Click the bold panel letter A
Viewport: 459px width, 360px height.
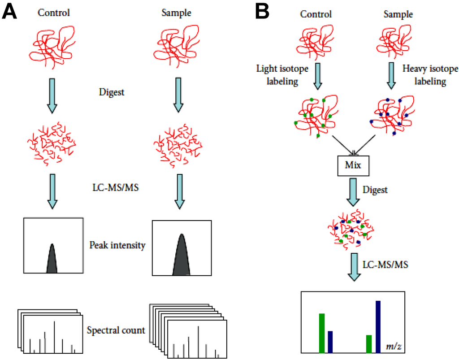point(10,12)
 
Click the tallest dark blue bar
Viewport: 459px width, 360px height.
point(378,326)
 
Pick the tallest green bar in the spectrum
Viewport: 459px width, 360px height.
point(321,333)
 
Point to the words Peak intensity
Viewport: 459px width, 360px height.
point(117,245)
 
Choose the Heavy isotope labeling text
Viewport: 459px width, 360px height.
point(424,75)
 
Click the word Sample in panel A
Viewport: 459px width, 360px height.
point(177,13)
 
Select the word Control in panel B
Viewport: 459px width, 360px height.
point(316,14)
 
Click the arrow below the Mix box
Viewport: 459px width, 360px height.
point(354,191)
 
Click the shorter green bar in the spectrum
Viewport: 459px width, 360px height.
point(369,343)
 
